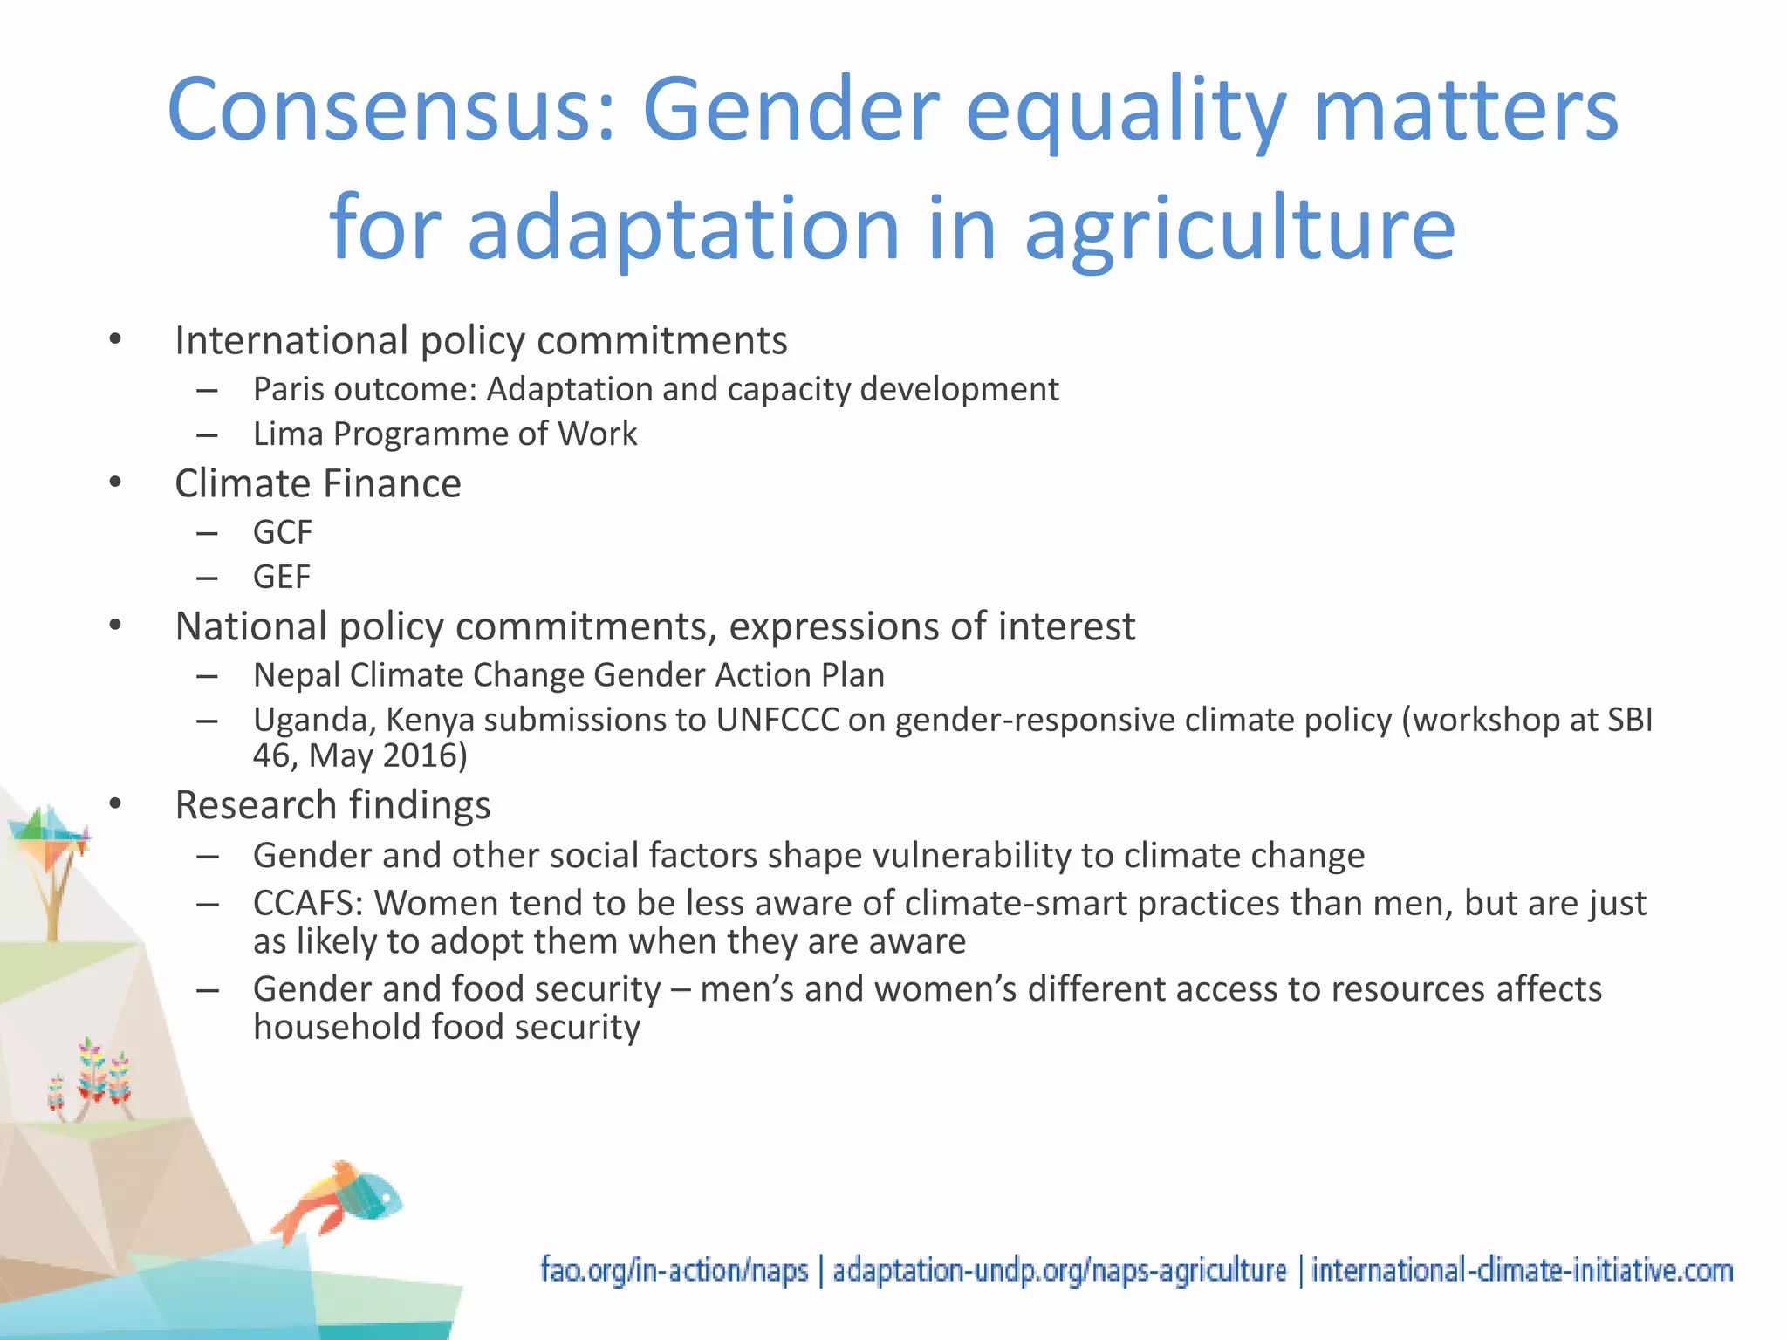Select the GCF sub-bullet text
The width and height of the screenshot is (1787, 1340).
tap(282, 532)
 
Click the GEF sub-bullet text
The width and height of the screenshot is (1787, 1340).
tap(281, 578)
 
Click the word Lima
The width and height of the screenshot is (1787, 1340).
tap(288, 434)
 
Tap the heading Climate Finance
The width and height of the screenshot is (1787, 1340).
tap(318, 484)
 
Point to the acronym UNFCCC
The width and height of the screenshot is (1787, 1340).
tap(777, 721)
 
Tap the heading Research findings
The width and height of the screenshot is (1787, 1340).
tap(332, 805)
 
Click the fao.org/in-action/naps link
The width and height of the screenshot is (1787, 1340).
tap(674, 1270)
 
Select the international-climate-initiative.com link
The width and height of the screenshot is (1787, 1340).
tap(1522, 1270)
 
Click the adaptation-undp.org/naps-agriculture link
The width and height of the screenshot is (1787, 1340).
tap(1058, 1270)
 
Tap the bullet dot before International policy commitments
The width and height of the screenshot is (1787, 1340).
tap(115, 340)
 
